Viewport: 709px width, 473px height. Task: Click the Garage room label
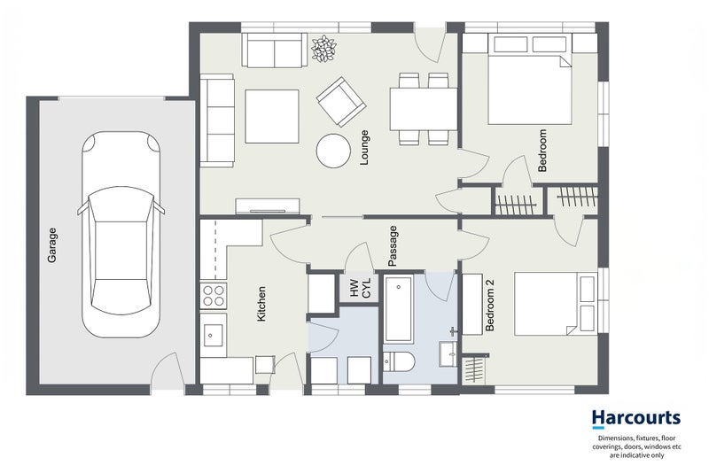[x=52, y=245]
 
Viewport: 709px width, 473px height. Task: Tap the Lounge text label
[x=364, y=147]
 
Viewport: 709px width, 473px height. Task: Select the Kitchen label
[x=261, y=304]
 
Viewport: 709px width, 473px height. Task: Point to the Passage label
[x=393, y=245]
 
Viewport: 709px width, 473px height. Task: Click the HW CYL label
[x=360, y=288]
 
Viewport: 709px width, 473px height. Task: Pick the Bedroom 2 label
[x=490, y=306]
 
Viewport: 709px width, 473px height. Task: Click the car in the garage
[x=121, y=235]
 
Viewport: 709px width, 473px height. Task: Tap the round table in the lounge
[x=334, y=151]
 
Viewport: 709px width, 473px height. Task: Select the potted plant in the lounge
[x=323, y=49]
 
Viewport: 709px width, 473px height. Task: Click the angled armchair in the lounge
[x=341, y=102]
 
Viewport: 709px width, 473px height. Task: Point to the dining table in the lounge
[x=425, y=109]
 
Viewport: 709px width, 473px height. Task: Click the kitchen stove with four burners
[x=214, y=296]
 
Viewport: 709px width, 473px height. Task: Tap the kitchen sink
[x=213, y=335]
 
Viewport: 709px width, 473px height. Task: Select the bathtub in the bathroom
[x=398, y=309]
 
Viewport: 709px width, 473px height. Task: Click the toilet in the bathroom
[x=399, y=362]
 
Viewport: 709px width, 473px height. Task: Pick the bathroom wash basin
[x=448, y=353]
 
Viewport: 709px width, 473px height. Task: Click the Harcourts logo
[x=636, y=419]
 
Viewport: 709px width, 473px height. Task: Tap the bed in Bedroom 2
[x=556, y=303]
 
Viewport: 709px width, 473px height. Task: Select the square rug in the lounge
[x=272, y=117]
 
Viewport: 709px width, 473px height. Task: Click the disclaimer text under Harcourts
[x=636, y=446]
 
